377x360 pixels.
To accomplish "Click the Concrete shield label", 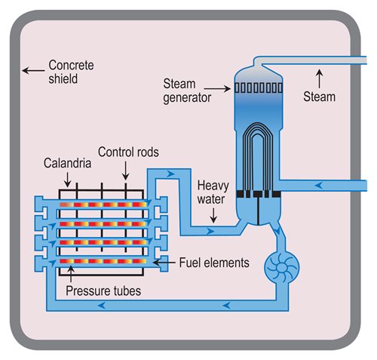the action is (x=71, y=72).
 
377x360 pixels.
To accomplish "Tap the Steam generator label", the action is (x=187, y=91).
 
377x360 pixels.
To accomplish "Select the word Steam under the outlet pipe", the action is (x=319, y=97).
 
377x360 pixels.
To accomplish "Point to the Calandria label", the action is (x=67, y=163).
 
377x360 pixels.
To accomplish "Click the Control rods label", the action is (x=128, y=152).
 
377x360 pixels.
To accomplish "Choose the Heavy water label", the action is (x=213, y=192).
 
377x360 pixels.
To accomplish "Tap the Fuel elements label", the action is (x=214, y=263).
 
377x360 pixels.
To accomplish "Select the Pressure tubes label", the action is (x=103, y=291).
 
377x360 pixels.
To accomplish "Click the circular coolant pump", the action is (x=281, y=267).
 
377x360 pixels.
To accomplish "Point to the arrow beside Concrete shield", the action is (x=33, y=71).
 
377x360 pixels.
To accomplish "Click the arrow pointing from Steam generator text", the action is (x=217, y=88).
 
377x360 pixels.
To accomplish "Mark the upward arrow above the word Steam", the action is (x=320, y=78).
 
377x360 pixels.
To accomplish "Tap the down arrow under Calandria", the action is (x=67, y=180).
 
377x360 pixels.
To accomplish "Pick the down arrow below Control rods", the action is (x=125, y=171).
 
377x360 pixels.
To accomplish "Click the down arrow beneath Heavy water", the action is (x=213, y=215).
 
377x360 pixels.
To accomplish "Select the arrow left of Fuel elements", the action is (x=164, y=263).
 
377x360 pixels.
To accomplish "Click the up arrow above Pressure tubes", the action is (x=71, y=274).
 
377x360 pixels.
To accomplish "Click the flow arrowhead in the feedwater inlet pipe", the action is (x=319, y=186).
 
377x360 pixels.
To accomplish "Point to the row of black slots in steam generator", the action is (x=259, y=88).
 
